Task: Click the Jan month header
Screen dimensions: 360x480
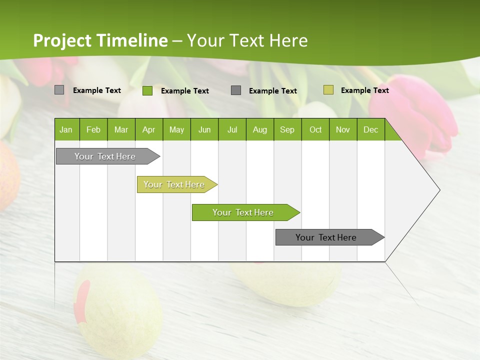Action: point(66,129)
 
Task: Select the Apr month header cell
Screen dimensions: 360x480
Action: point(149,129)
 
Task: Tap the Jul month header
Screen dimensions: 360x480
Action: point(232,129)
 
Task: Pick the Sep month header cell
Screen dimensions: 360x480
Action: point(287,129)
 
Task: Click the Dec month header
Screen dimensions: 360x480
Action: point(370,129)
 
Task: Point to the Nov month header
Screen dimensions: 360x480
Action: point(343,129)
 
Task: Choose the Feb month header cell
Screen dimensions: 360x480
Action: point(93,129)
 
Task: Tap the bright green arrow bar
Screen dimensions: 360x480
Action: point(243,212)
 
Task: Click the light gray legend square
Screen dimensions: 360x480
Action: point(59,90)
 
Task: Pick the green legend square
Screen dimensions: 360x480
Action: point(147,90)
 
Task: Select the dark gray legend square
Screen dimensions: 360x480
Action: point(236,90)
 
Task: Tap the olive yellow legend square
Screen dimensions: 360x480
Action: point(328,90)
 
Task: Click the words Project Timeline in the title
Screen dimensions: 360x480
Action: point(100,40)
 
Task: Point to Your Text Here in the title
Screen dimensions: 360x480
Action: point(247,40)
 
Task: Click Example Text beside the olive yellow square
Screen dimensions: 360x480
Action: point(364,90)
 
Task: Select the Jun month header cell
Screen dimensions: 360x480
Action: point(204,129)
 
